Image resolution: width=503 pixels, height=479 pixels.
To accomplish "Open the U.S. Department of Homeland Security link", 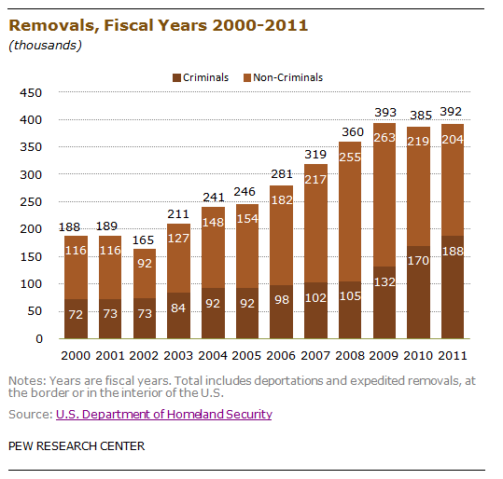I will tap(164, 415).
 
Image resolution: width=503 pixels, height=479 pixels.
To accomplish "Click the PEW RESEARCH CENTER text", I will tap(77, 446).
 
